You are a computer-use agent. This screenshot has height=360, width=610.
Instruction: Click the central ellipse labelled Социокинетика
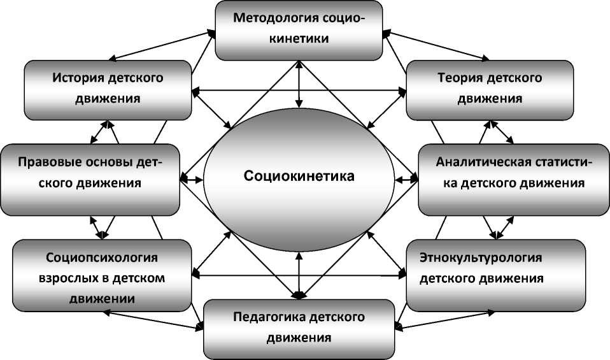(298, 176)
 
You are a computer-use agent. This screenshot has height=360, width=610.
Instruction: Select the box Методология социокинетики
(299, 29)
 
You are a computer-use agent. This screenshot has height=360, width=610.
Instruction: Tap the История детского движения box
(108, 89)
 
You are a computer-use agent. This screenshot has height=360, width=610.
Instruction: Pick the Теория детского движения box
(490, 89)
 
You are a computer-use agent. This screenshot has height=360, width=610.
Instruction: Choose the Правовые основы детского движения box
(90, 179)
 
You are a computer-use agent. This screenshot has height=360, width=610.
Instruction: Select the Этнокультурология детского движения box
(495, 274)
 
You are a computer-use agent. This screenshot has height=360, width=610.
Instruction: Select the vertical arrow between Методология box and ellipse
(299, 83)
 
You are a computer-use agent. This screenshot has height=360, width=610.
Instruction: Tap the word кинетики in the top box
(299, 39)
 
